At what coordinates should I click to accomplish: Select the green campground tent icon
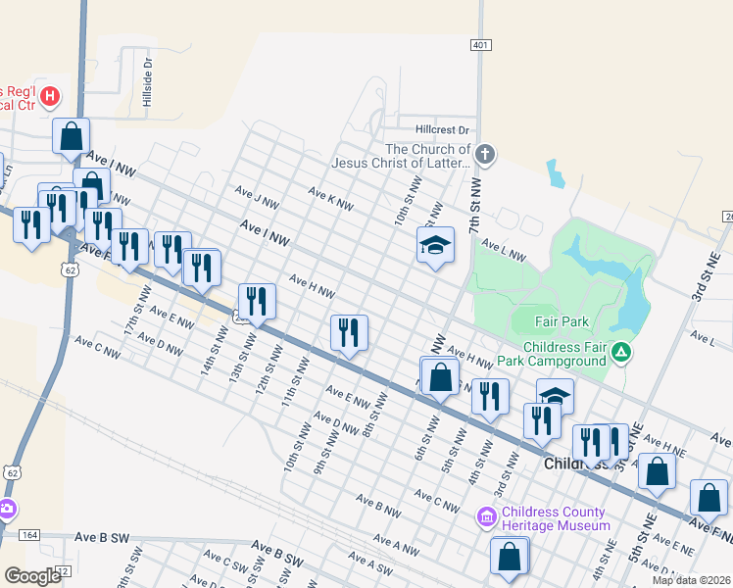click(x=619, y=350)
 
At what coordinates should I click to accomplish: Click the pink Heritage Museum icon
click(x=486, y=516)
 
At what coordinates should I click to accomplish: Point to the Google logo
click(x=32, y=575)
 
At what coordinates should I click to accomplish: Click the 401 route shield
click(x=480, y=45)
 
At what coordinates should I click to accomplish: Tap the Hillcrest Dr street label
click(x=442, y=129)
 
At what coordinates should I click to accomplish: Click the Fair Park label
click(x=561, y=321)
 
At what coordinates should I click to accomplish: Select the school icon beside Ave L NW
click(x=436, y=244)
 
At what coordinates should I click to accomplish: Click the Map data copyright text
click(x=691, y=579)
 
